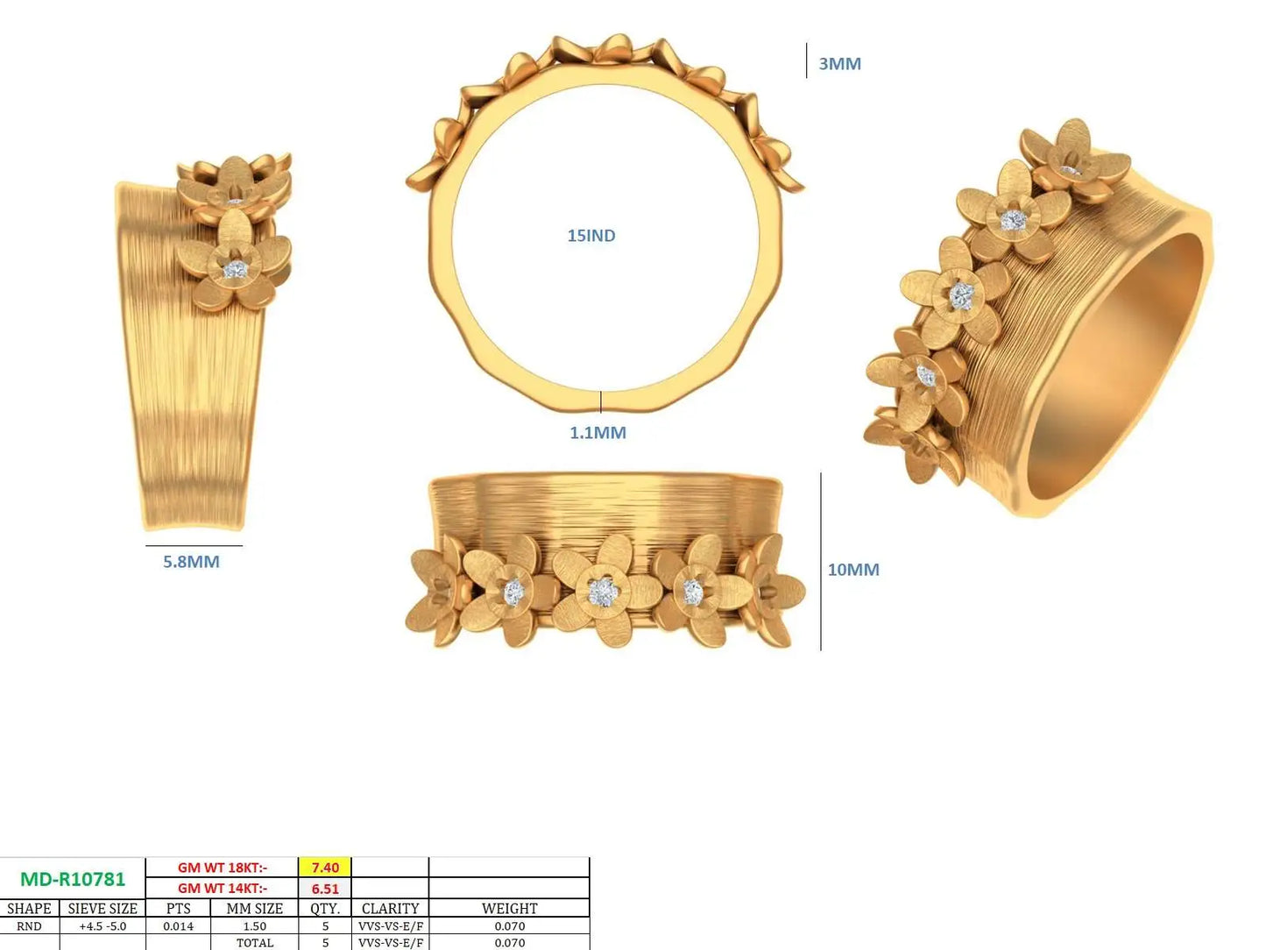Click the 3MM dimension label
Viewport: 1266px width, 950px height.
pyautogui.click(x=839, y=63)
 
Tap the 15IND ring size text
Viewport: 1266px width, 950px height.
pyautogui.click(x=591, y=236)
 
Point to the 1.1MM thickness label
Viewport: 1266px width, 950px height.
pyautogui.click(x=598, y=433)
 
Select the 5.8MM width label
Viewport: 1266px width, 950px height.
pyautogui.click(x=191, y=562)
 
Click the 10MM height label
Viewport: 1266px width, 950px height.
pyautogui.click(x=853, y=570)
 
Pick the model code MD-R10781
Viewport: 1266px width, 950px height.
pyautogui.click(x=73, y=879)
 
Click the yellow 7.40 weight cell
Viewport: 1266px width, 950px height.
pyautogui.click(x=325, y=868)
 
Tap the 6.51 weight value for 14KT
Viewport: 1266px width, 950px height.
pyautogui.click(x=325, y=889)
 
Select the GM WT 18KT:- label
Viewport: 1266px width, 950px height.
pyautogui.click(x=222, y=868)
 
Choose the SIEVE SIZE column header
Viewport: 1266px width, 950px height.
pyautogui.click(x=103, y=909)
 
